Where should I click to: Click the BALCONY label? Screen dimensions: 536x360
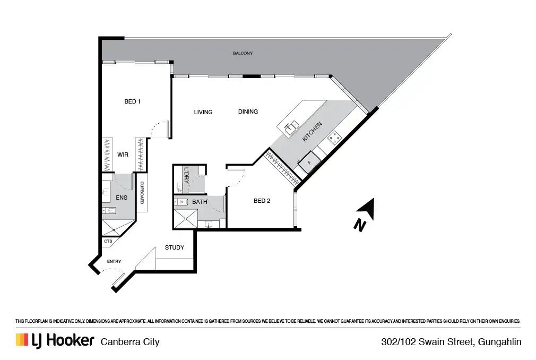tap(243, 54)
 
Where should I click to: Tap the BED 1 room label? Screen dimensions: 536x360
tap(132, 101)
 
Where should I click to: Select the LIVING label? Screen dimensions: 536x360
tap(203, 112)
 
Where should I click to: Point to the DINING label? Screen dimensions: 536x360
tap(248, 112)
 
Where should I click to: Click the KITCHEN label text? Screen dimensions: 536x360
tap(312, 131)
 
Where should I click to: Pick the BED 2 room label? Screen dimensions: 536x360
tap(262, 201)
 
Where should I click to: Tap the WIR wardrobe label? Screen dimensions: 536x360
tap(123, 155)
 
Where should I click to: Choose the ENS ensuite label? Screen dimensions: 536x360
tap(122, 198)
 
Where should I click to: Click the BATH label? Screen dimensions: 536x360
tap(200, 202)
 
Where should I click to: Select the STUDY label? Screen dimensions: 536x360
tap(175, 247)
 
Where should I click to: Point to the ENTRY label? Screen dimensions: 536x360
tap(114, 261)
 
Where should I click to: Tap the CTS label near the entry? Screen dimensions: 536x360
tap(108, 241)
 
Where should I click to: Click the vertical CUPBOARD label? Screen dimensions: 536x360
tap(142, 194)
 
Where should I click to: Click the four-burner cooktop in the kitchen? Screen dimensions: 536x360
tap(334, 139)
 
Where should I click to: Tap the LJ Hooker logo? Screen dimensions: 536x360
tap(55, 340)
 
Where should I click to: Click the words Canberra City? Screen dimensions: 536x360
tap(130, 341)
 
